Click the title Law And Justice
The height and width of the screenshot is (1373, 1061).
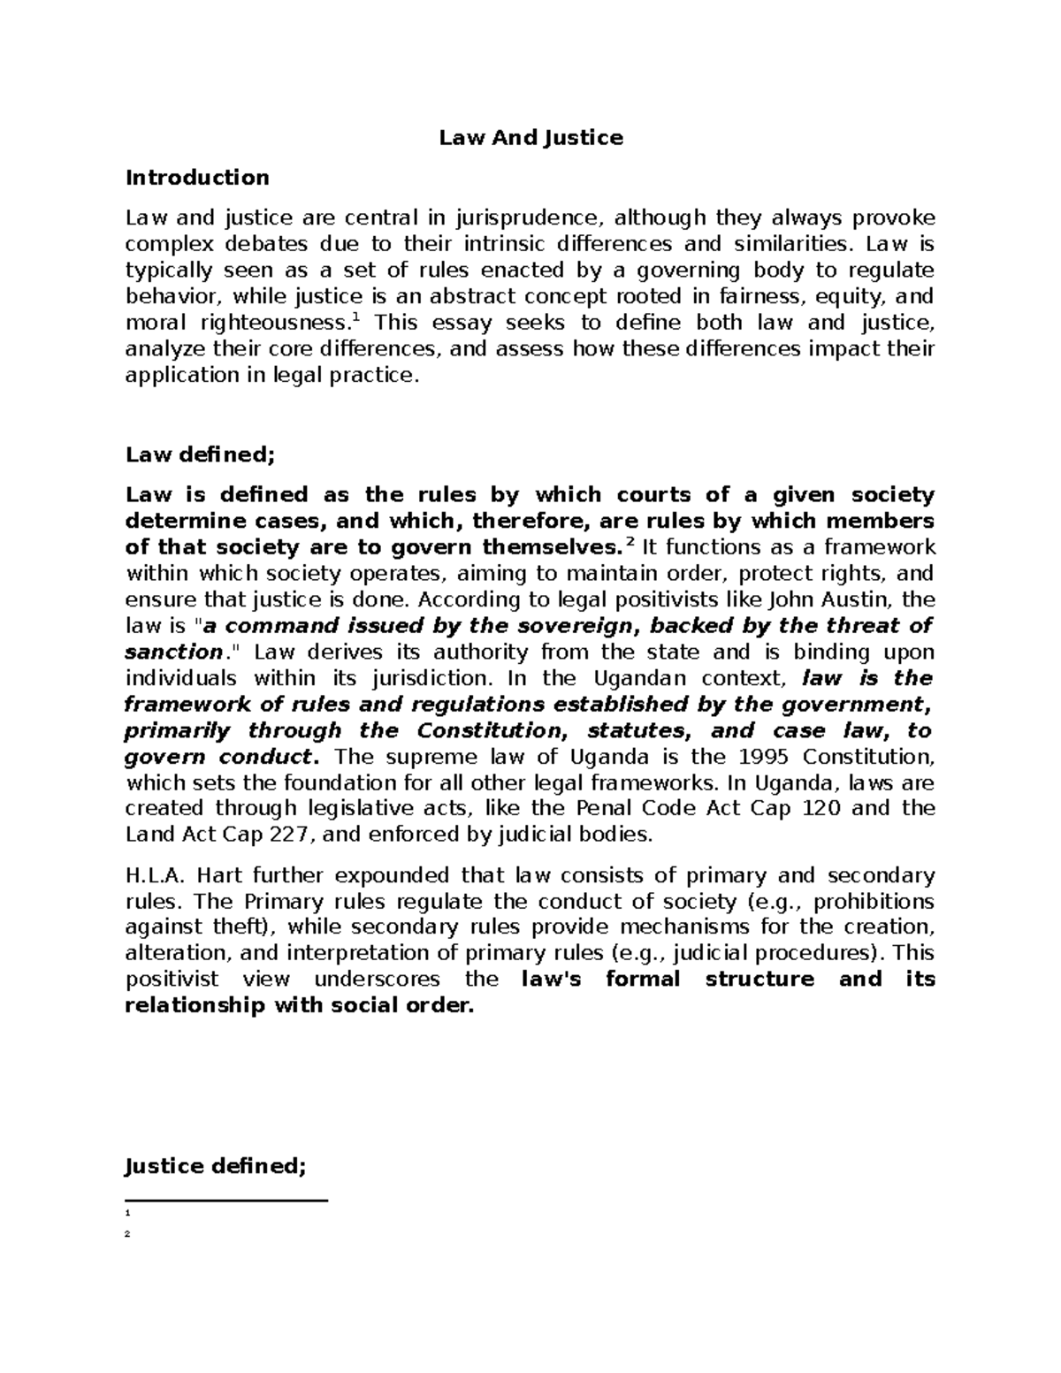point(531,138)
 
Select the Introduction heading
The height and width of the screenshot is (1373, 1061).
point(197,178)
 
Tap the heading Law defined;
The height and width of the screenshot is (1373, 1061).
point(201,454)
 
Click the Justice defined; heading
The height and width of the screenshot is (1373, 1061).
point(216,1166)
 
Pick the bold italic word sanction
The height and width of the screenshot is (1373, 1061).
point(173,652)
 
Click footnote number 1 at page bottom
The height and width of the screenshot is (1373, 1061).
point(128,1213)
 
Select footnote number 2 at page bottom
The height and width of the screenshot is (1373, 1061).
point(128,1234)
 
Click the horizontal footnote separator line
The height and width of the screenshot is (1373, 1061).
point(226,1201)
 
